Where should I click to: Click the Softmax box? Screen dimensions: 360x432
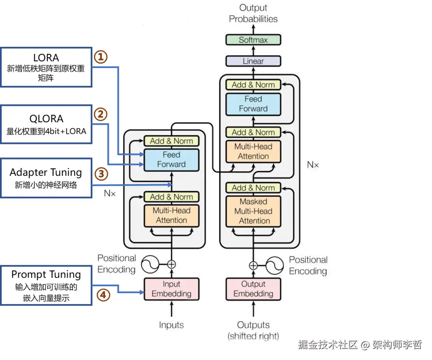point(253,40)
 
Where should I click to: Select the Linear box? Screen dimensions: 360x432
point(253,61)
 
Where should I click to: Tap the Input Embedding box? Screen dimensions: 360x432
point(171,289)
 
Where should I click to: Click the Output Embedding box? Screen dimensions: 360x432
point(253,289)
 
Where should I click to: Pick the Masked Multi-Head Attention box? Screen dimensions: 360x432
point(253,211)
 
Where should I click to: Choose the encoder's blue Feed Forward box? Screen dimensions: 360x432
point(171,159)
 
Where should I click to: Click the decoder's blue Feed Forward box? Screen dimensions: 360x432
point(253,104)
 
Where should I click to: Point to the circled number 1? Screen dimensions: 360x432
point(101,57)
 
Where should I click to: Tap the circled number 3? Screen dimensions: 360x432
point(101,174)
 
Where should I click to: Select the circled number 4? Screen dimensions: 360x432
point(103,295)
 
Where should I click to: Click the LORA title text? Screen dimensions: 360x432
point(46,58)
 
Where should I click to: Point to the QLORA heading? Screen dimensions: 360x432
point(46,119)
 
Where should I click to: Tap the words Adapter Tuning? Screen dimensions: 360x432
point(46,173)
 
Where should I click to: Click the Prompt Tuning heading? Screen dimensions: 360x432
point(46,274)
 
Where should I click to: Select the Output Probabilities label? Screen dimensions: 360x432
point(253,13)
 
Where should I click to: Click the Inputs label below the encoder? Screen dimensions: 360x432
point(171,325)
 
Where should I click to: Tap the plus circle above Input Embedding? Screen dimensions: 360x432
point(171,264)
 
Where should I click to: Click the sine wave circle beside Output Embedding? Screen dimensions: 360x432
point(275,265)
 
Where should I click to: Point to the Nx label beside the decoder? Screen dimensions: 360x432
point(313,164)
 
